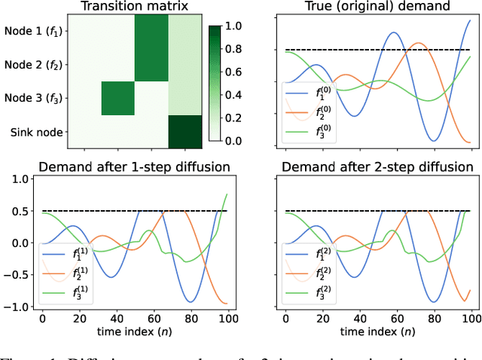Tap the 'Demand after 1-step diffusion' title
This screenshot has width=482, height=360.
coord(134,166)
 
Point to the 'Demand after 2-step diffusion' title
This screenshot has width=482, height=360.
coord(378,166)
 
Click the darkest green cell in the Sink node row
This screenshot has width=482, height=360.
coord(184,132)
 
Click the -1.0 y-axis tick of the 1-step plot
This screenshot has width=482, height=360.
coord(20,307)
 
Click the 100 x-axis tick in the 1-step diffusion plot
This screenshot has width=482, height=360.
coord(227,320)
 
